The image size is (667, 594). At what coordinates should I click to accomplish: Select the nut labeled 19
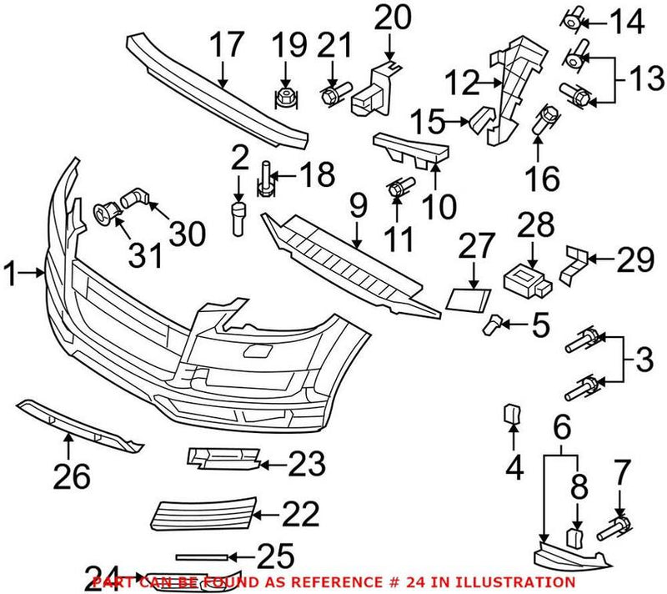click(x=285, y=98)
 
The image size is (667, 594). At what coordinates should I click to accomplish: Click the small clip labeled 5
click(x=496, y=321)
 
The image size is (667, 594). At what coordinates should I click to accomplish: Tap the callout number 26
click(x=71, y=476)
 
